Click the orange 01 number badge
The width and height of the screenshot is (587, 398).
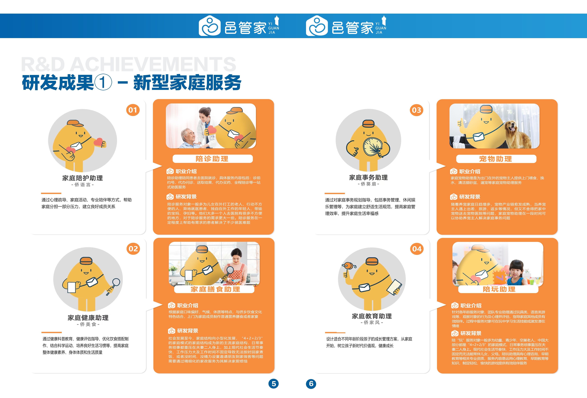coord(133,110)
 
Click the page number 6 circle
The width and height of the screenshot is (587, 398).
coord(311,384)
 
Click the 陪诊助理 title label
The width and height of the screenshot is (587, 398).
coord(212,159)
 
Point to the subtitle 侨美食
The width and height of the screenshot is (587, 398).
coord(88,324)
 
